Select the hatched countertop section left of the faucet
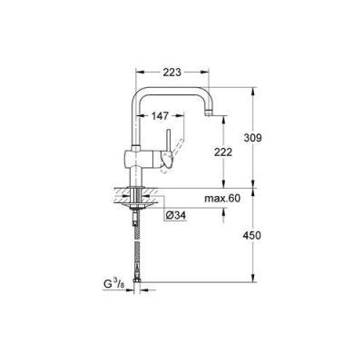point(119,194)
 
